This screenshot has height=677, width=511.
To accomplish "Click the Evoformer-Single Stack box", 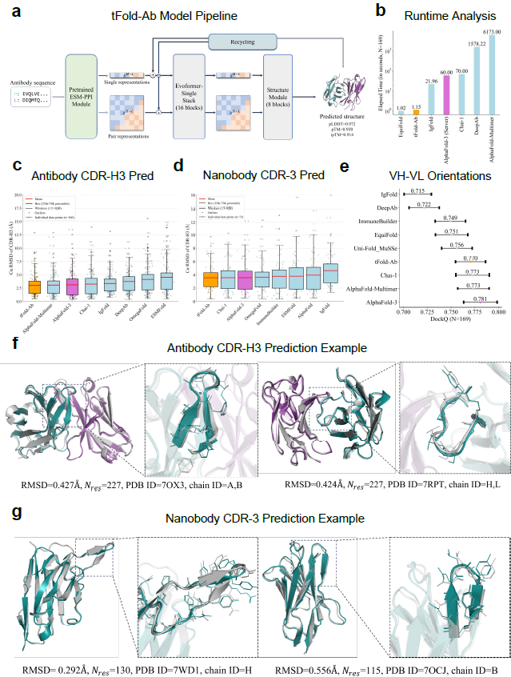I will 195,90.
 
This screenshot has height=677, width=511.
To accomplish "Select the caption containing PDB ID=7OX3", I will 126,485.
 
